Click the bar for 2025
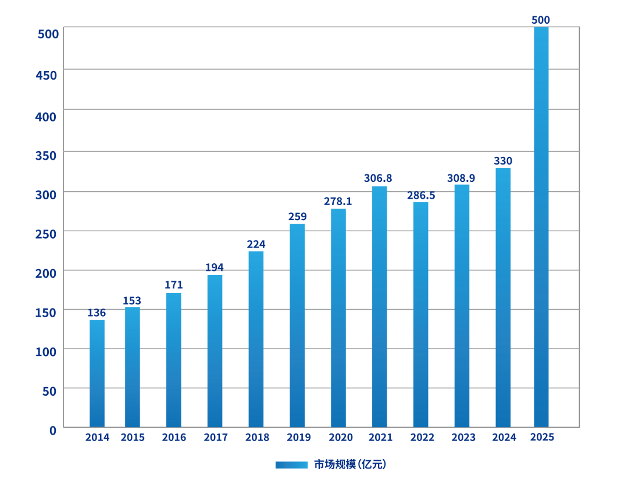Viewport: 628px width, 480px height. [541, 227]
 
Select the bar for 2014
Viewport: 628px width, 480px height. [97, 374]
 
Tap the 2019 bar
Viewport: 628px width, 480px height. [297, 325]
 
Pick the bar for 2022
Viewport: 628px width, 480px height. [420, 314]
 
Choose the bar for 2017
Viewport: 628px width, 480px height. [215, 350]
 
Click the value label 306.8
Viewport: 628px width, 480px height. [379, 178]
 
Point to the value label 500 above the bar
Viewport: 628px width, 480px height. [541, 20]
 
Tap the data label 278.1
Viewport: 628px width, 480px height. [338, 201]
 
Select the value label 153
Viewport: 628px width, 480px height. [132, 300]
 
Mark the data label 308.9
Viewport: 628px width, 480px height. [461, 178]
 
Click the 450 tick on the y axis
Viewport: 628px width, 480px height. [47, 75]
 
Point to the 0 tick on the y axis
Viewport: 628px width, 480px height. [53, 430]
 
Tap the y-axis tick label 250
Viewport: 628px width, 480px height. [47, 234]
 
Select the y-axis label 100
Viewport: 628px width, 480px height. [47, 352]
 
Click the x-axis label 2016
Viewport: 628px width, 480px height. [174, 438]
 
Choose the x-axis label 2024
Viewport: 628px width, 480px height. [504, 438]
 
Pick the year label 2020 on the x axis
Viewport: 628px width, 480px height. [340, 438]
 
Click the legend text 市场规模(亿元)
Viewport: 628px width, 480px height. [350, 464]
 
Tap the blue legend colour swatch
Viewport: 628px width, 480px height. [291, 465]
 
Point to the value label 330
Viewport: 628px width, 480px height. [503, 160]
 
